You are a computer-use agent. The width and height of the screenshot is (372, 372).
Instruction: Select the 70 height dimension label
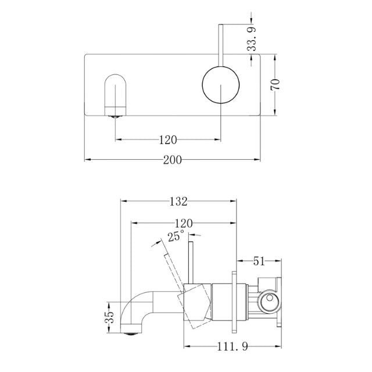coord(276,83)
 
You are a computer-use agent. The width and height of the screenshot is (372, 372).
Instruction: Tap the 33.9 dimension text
coord(252,38)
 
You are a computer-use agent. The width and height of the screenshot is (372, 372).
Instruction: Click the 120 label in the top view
coord(168,139)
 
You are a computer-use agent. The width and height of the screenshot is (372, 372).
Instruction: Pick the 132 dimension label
coord(178,202)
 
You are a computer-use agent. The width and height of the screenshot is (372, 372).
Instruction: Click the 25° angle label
coord(176,236)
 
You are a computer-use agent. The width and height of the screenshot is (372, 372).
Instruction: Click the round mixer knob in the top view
coord(220,84)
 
